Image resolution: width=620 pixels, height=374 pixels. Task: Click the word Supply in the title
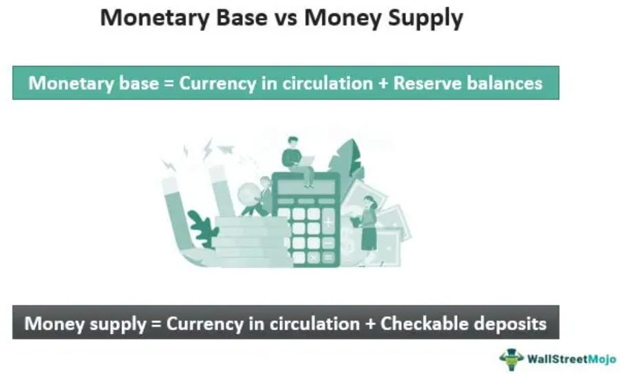[x=425, y=19]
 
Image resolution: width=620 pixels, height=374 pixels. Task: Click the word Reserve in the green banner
[x=427, y=83]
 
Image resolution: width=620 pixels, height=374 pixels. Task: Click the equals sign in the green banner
[x=169, y=84]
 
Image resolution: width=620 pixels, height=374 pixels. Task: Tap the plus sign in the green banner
[x=383, y=84]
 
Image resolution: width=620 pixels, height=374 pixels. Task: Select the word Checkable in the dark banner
[x=425, y=323]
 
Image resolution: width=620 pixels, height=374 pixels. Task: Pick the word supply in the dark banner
[x=118, y=324]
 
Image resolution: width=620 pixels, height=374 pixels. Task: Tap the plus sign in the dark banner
[x=370, y=324]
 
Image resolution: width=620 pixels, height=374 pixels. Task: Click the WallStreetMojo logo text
[x=571, y=359]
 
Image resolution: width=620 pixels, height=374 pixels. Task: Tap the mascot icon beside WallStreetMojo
[x=511, y=360]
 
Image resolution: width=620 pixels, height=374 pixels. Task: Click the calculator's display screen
[x=306, y=187]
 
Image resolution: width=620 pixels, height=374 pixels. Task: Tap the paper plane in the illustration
[x=226, y=149]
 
